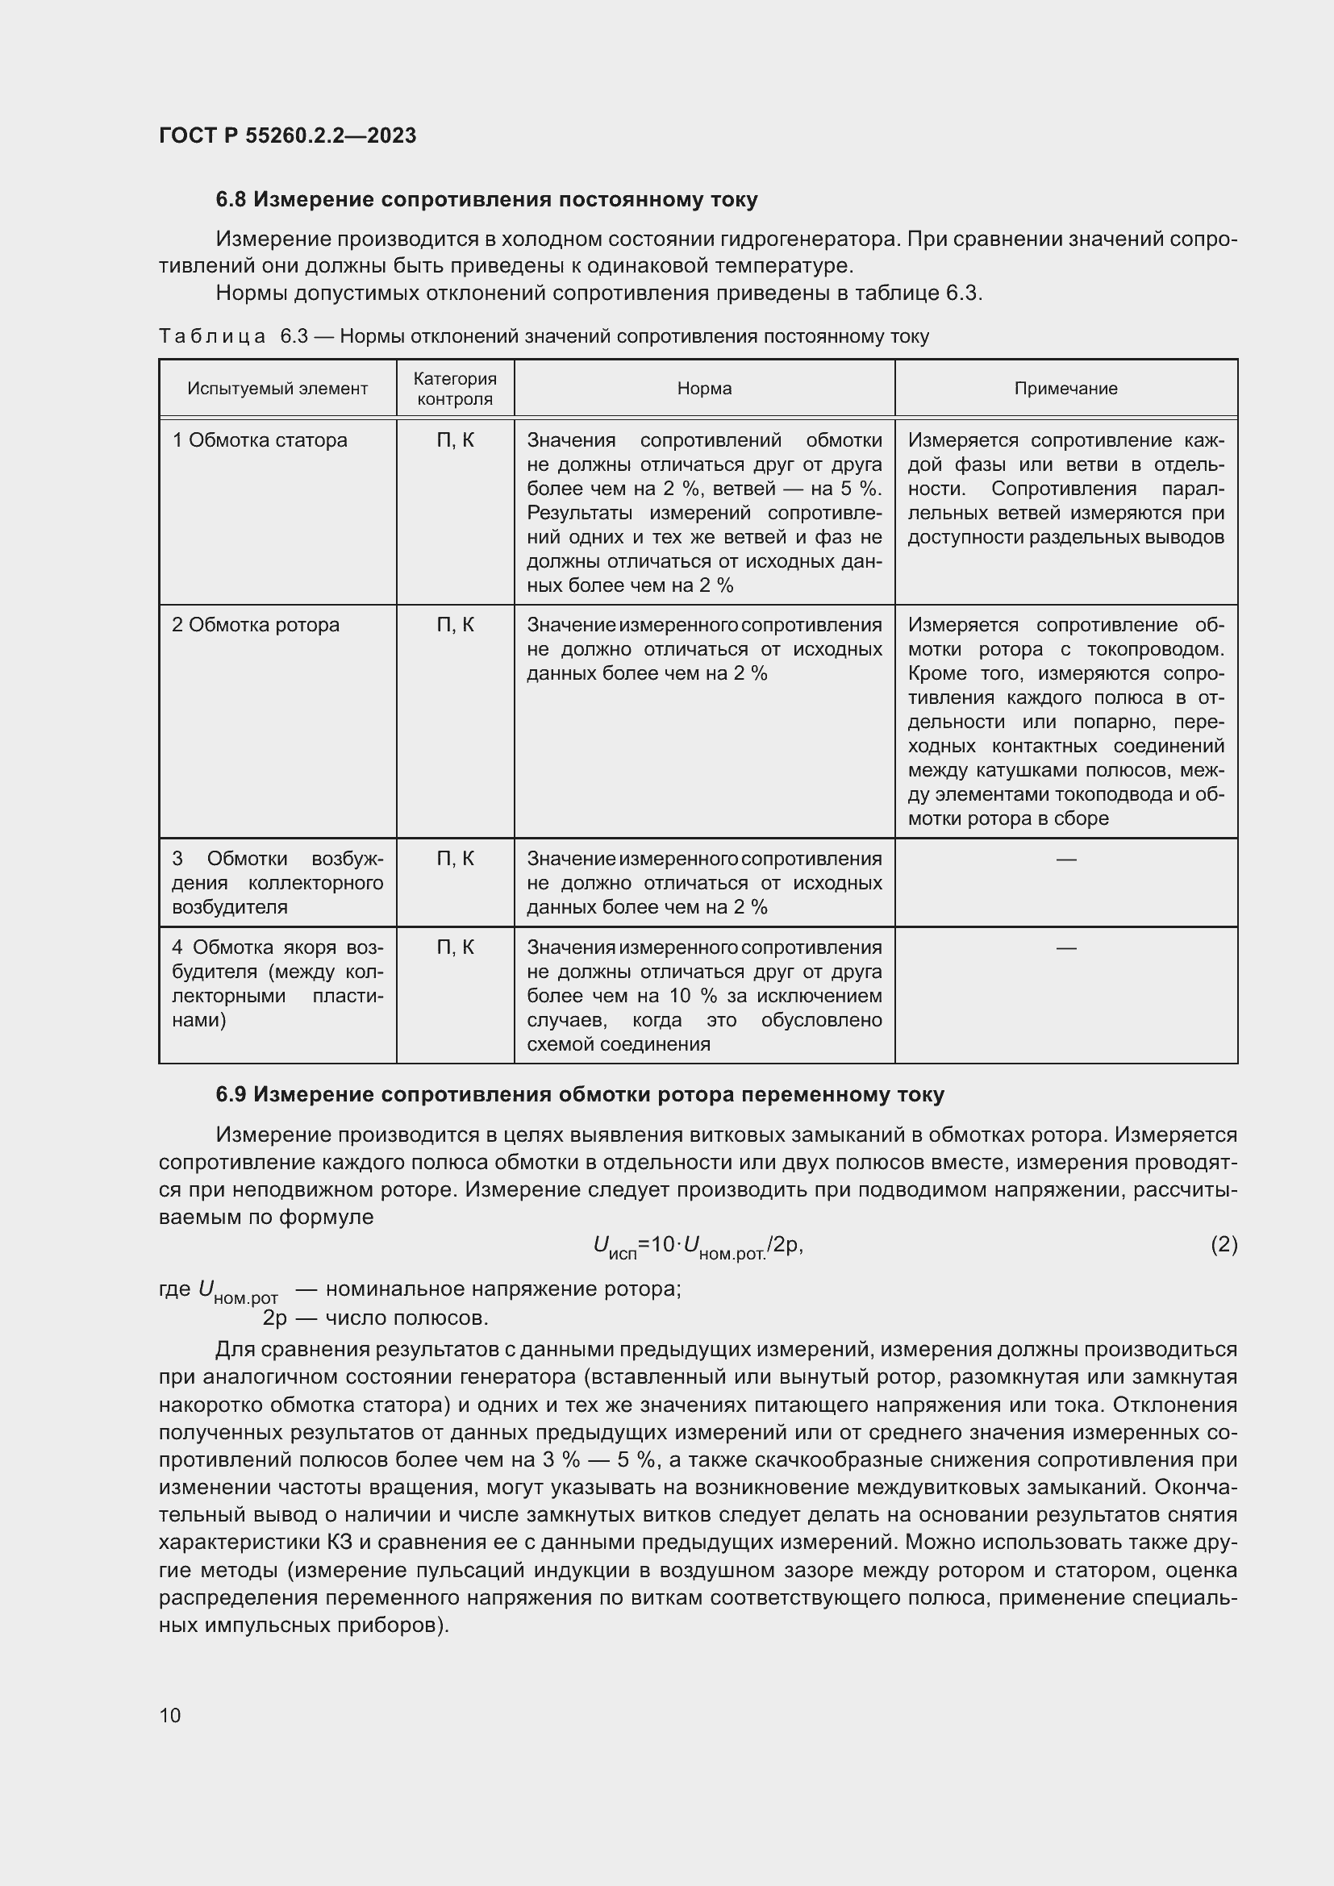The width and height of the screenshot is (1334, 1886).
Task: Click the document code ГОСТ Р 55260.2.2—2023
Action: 287,135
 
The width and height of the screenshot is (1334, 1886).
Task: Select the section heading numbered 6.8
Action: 486,200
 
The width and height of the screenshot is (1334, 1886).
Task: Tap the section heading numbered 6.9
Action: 580,1094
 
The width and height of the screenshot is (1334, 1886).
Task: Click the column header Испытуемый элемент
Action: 277,389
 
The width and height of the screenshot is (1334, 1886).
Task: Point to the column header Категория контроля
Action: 455,389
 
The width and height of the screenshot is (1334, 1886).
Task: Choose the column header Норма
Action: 704,389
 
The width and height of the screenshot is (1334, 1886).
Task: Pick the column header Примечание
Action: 1065,389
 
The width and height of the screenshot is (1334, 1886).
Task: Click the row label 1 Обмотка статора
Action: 260,440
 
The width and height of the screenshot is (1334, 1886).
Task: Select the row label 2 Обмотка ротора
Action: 256,625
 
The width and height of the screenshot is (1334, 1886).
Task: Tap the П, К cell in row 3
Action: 455,859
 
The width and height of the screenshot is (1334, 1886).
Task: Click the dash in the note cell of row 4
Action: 1065,948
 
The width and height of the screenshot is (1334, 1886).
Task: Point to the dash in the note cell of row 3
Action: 1065,860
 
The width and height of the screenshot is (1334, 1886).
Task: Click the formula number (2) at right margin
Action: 1224,1244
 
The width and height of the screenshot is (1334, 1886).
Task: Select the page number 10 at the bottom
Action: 170,1715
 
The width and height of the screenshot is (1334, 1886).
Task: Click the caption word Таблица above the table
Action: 212,337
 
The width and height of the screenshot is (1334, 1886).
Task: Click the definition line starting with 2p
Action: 375,1318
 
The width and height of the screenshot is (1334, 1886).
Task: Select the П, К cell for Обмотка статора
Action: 455,440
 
